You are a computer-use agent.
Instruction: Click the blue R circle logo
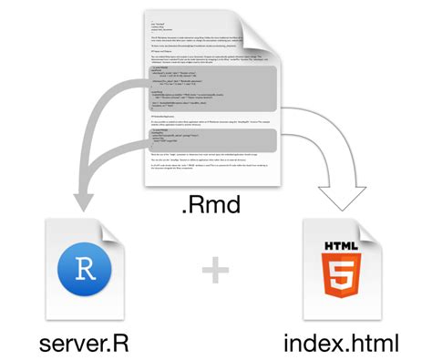[x=84, y=272]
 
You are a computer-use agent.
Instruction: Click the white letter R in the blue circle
[x=84, y=272]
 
